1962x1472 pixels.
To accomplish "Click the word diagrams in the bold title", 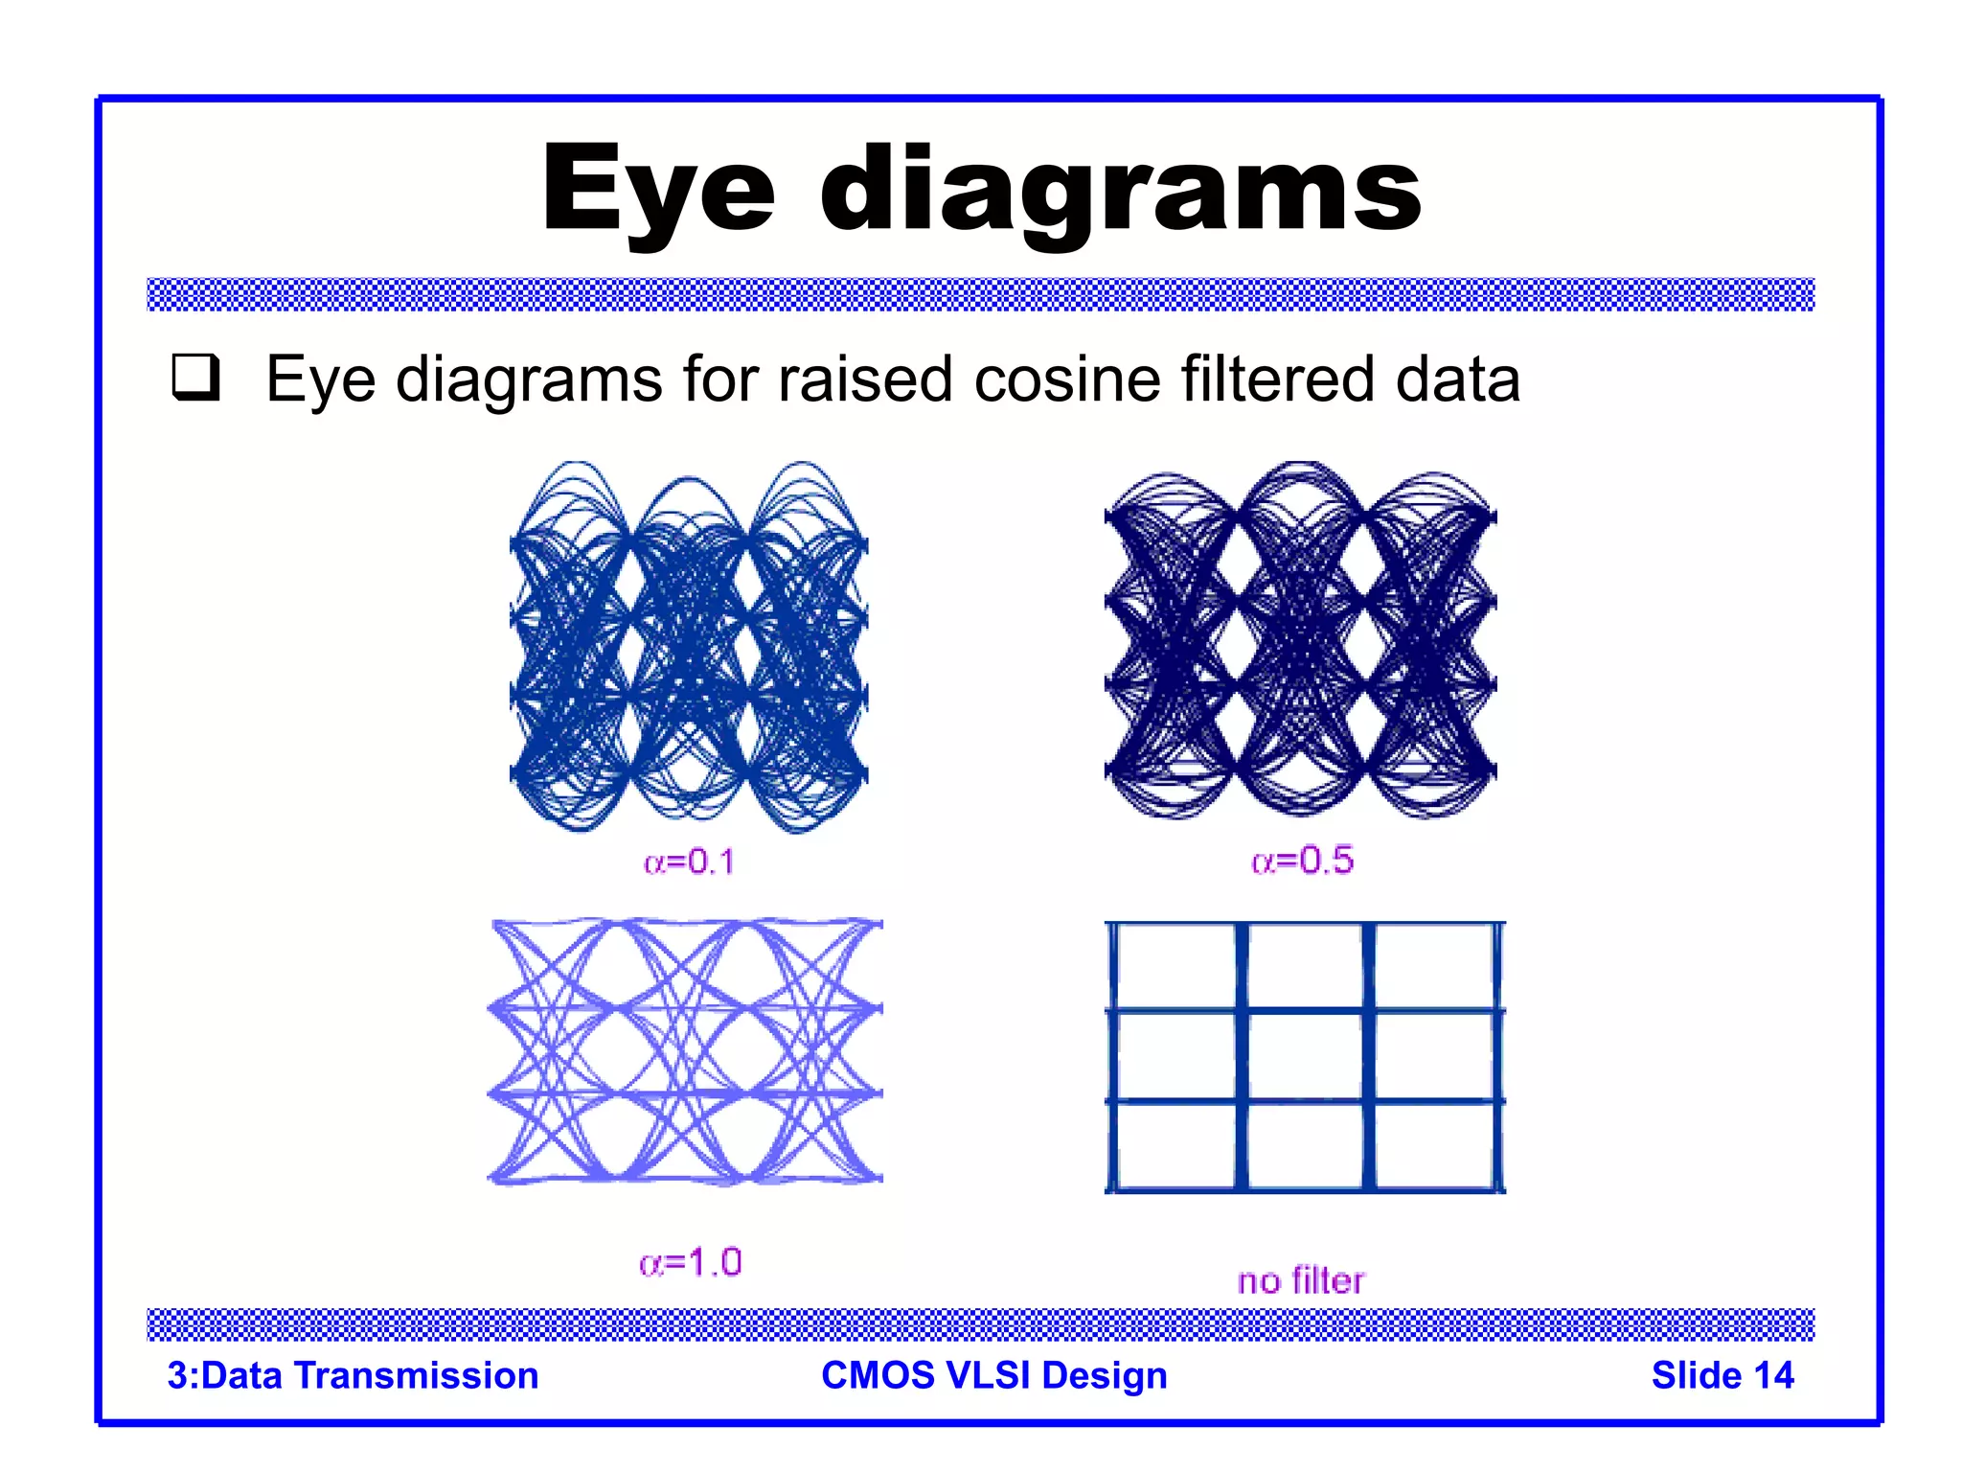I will pos(1120,189).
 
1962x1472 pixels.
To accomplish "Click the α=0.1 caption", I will pos(689,862).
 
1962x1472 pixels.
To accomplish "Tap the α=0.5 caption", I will pos(1302,861).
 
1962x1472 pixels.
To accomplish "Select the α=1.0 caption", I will pos(690,1262).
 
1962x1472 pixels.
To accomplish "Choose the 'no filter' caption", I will pos(1300,1280).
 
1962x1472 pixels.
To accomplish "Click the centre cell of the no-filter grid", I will pos(1305,1055).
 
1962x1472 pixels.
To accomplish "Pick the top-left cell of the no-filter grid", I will pos(1175,966).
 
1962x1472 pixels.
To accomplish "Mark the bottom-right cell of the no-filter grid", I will pos(1434,1146).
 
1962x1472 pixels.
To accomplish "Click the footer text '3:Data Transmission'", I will pos(353,1375).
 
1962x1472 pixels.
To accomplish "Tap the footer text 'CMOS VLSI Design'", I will pos(993,1375).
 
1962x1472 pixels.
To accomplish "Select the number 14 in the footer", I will pos(1773,1375).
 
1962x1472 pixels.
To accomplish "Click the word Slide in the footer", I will pos(1695,1375).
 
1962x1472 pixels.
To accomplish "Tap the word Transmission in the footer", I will pos(416,1375).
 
